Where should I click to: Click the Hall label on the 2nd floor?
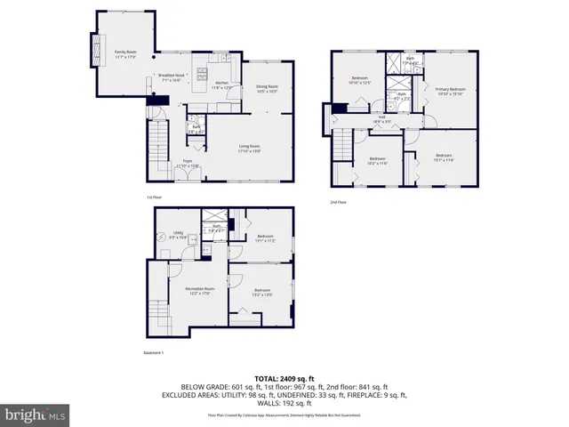pos(381,119)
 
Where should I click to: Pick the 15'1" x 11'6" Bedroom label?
pos(444,157)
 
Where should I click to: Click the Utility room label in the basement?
pos(178,235)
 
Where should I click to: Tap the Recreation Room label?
pos(200,291)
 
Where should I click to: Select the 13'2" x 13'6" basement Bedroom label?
pos(261,292)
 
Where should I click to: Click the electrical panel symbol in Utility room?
pos(160,238)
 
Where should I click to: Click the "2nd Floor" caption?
pos(339,202)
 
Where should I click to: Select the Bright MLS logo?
pos(35,415)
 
